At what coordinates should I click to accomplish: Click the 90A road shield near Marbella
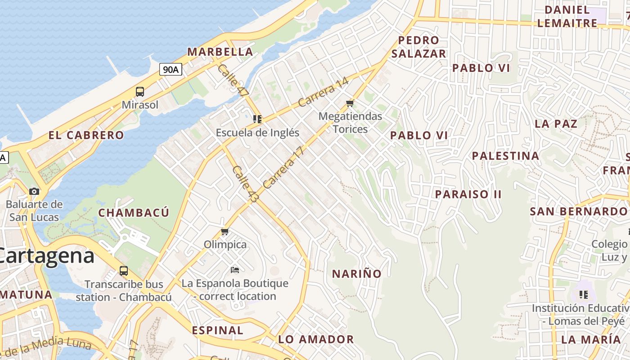pyautogui.click(x=171, y=69)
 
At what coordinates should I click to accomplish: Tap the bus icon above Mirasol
pyautogui.click(x=140, y=92)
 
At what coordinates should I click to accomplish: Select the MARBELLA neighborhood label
pyautogui.click(x=220, y=52)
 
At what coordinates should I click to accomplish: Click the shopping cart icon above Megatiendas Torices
pyautogui.click(x=350, y=103)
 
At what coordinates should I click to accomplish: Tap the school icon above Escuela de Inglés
pyautogui.click(x=257, y=119)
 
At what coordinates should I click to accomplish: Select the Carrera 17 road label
pyautogui.click(x=284, y=167)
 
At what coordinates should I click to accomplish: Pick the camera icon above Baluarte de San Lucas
pyautogui.click(x=34, y=191)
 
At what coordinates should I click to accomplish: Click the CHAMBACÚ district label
pyautogui.click(x=134, y=213)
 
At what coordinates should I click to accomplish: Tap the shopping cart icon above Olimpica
pyautogui.click(x=225, y=232)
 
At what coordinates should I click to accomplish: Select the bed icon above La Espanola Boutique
pyautogui.click(x=234, y=270)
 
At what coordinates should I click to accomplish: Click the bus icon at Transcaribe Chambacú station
pyautogui.click(x=124, y=271)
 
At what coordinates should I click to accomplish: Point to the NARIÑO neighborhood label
pyautogui.click(x=356, y=274)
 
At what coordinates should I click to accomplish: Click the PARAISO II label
pyautogui.click(x=468, y=194)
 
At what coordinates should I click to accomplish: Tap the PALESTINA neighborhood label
pyautogui.click(x=505, y=156)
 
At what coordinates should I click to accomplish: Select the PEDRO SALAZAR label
pyautogui.click(x=418, y=47)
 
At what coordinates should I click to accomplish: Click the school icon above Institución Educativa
pyautogui.click(x=584, y=295)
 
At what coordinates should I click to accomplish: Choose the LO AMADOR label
pyautogui.click(x=316, y=339)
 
